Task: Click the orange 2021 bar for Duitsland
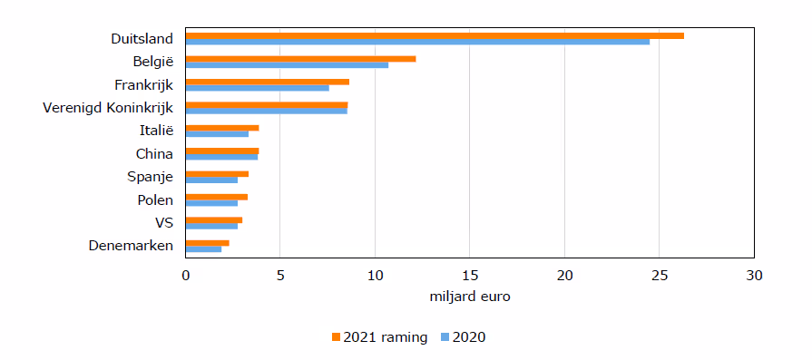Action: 435,35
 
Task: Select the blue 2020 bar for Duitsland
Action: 417,42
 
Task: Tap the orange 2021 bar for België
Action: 301,59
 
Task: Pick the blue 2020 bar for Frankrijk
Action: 258,88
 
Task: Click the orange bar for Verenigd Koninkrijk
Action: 267,105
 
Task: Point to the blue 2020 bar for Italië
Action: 217,134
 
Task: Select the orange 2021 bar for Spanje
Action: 217,174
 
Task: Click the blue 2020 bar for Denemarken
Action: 203,249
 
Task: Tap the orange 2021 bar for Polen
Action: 217,197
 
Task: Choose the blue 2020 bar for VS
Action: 211,226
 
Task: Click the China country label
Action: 154,154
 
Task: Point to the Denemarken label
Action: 131,246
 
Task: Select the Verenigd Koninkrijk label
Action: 108,108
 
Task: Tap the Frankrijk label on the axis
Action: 144,85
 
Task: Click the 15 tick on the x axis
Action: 469,276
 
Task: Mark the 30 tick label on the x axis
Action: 754,276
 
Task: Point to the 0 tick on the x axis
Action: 185,276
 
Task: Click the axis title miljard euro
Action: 470,297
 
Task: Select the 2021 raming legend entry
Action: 379,337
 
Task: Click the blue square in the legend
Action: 445,337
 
